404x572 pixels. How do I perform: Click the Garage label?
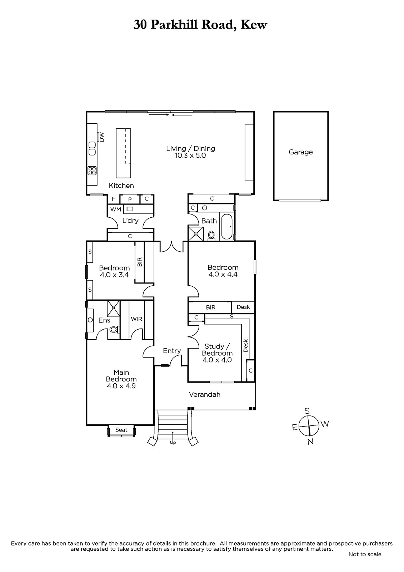tap(300, 152)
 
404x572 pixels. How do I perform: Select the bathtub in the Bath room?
tap(226, 227)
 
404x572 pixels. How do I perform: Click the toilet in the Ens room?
tap(114, 329)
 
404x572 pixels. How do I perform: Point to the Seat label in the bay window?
tap(121, 430)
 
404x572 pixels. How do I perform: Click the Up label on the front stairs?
tap(173, 443)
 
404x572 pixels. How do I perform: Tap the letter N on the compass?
tap(310, 442)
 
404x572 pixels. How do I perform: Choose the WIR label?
tap(136, 319)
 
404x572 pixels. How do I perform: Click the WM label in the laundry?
tap(116, 209)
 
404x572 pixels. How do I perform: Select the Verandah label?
tap(204, 395)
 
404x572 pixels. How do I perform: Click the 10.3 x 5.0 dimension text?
tap(190, 156)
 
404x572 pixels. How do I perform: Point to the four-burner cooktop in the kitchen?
tap(92, 171)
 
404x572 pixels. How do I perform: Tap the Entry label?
tap(172, 351)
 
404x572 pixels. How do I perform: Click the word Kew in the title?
tap(254, 25)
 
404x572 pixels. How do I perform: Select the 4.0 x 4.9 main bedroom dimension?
tap(121, 386)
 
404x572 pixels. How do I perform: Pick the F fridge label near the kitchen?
tap(114, 199)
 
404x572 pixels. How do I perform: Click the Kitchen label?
tap(121, 186)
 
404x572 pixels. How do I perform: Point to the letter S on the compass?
tap(307, 411)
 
